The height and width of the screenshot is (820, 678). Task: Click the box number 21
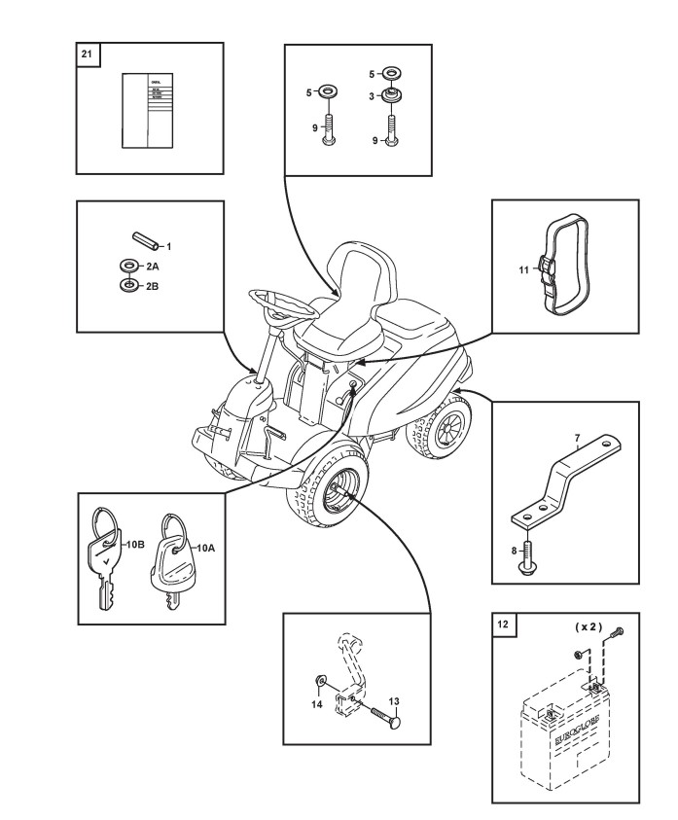pos(87,53)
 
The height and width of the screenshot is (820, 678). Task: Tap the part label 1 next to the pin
pos(168,246)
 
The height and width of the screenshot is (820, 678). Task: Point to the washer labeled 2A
pos(127,266)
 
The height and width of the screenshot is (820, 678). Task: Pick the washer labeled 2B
pos(127,285)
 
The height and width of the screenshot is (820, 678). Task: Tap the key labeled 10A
pos(171,564)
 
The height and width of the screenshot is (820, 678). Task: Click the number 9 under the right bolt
pos(375,140)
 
